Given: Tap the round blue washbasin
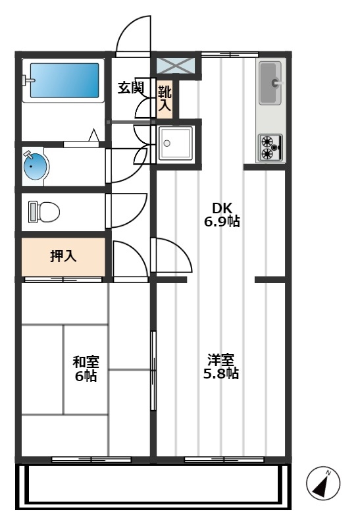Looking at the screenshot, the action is (36, 166).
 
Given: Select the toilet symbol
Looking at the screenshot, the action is (43, 212).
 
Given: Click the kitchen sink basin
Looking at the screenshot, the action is (270, 83).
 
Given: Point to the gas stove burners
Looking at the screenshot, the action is (270, 147).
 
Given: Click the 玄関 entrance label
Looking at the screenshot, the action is (131, 88).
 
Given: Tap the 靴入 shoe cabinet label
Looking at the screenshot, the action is (165, 98).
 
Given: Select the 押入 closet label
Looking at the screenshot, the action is (63, 256).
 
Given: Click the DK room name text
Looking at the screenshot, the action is (222, 208).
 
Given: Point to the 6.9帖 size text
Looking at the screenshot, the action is (222, 222).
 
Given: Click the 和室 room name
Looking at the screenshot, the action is (86, 361).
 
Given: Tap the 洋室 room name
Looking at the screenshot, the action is (220, 360).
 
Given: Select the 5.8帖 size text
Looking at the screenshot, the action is (220, 373).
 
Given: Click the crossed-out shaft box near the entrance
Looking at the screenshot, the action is (176, 66).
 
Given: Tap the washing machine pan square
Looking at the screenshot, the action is (175, 144).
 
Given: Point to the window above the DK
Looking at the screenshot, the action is (230, 55).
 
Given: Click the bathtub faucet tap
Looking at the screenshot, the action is (28, 80).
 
